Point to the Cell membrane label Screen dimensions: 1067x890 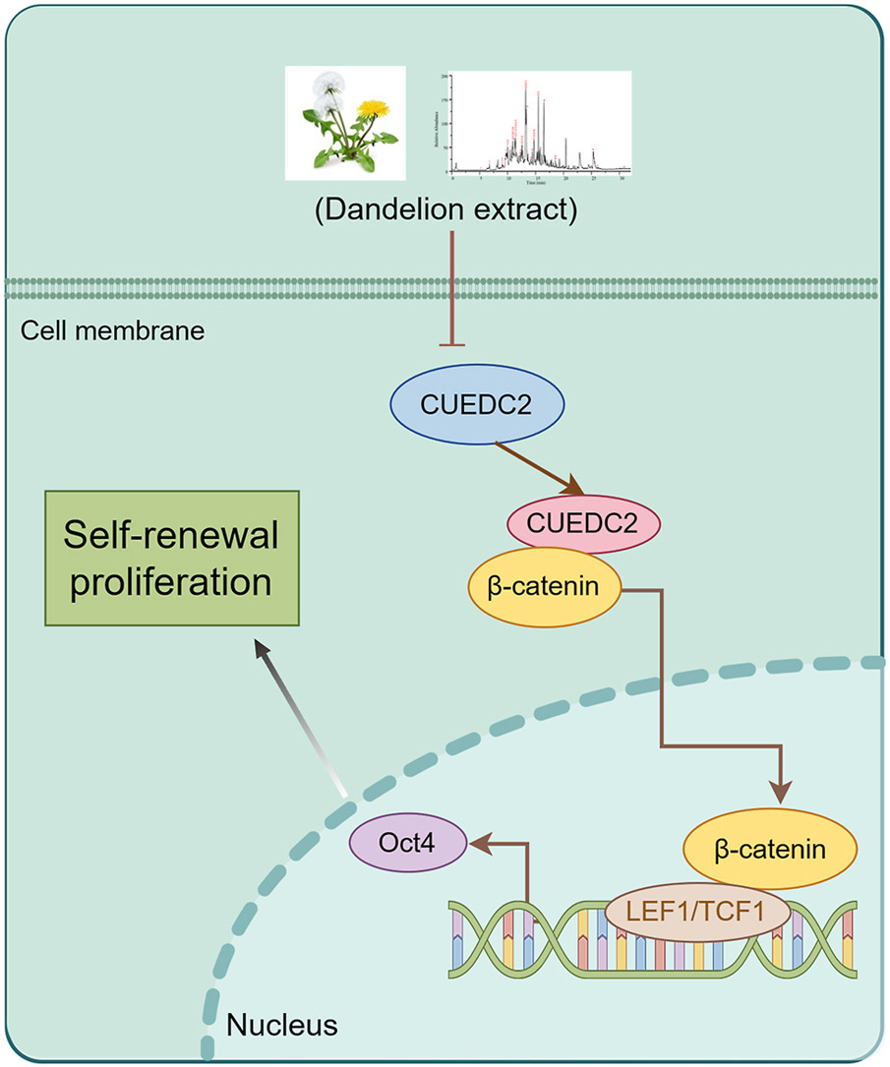pos(112,331)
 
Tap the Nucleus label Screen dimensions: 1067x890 pos(282,1026)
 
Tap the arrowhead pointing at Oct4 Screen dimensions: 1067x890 pos(481,843)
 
